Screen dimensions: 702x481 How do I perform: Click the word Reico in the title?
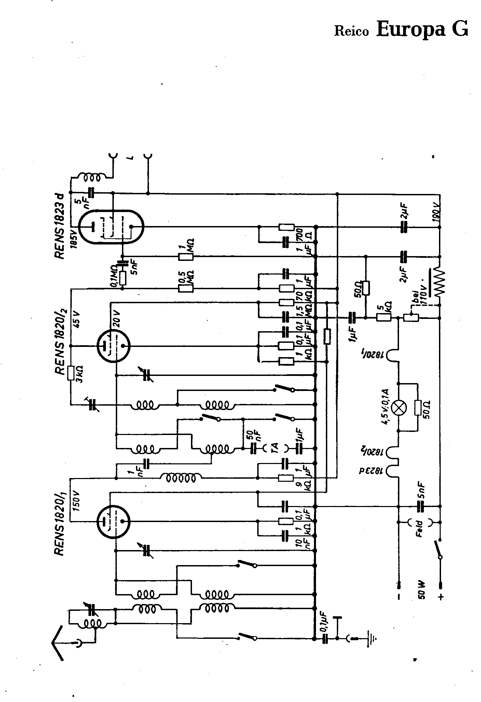click(352, 31)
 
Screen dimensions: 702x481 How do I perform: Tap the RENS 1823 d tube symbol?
click(111, 226)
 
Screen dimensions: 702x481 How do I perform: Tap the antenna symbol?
click(57, 643)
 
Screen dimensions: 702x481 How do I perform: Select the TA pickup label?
click(275, 447)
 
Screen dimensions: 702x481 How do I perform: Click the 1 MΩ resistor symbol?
click(186, 256)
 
